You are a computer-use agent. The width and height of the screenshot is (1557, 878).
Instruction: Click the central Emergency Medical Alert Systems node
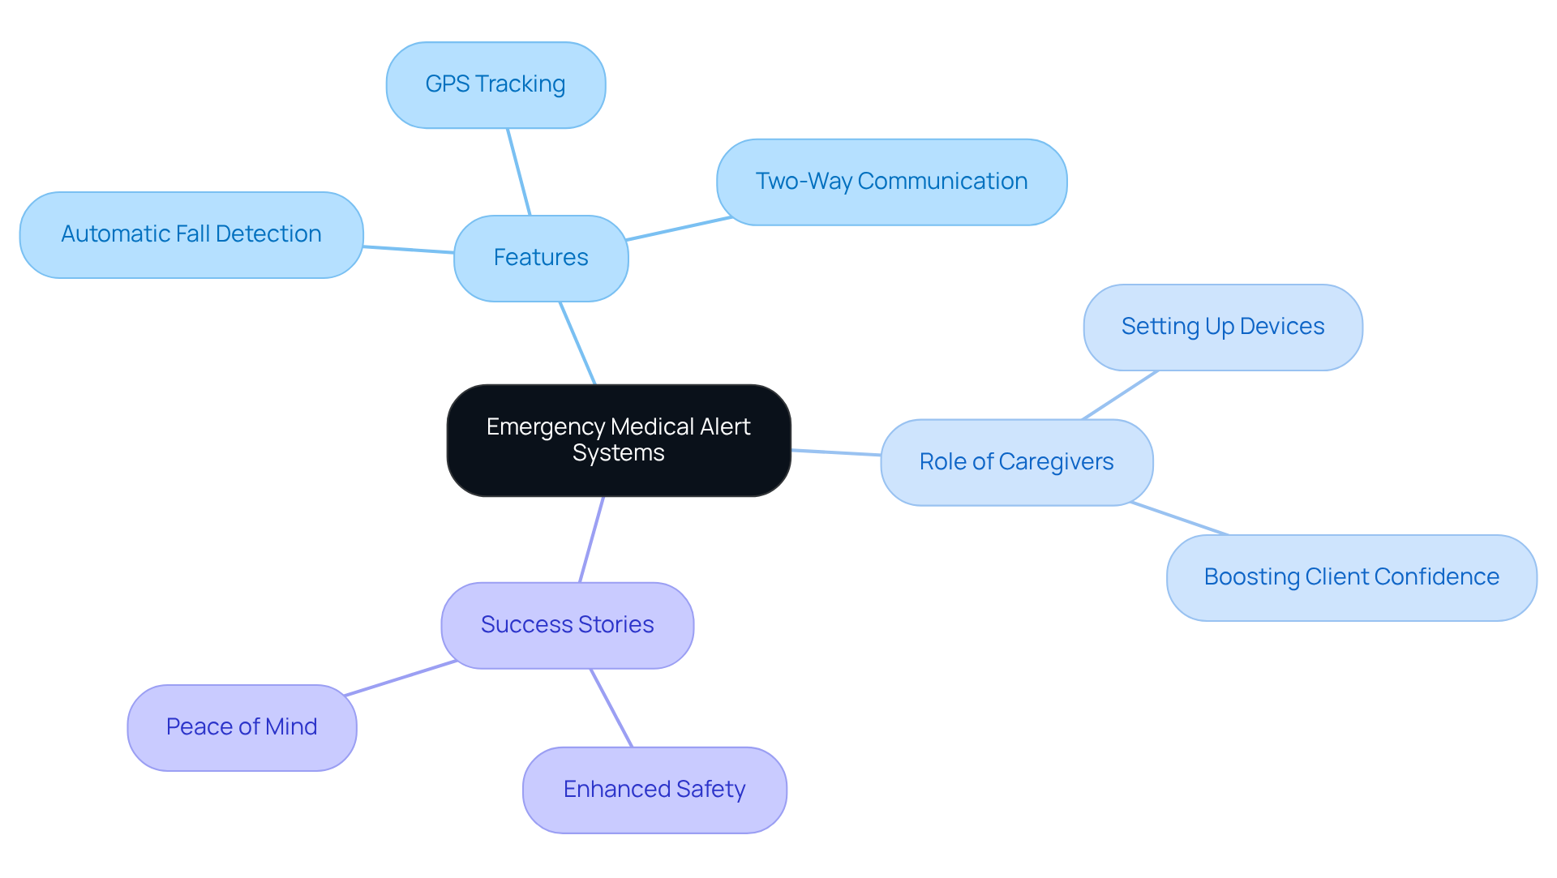(618, 440)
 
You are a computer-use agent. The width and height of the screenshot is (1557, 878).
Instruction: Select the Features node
(541, 258)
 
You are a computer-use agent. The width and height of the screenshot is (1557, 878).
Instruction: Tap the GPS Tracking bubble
(495, 84)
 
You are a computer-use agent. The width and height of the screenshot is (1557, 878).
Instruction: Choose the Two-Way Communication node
(891, 182)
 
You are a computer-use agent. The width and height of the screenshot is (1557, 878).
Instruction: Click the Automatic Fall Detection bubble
(191, 234)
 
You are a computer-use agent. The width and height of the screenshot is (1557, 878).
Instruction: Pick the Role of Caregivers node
(1016, 462)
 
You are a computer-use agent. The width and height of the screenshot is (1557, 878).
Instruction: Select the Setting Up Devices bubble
(1222, 327)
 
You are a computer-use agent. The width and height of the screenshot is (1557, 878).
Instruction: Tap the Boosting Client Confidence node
(1351, 577)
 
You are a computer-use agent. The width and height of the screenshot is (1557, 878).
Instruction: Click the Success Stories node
(567, 625)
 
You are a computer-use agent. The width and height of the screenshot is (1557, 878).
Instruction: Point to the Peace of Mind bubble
(242, 727)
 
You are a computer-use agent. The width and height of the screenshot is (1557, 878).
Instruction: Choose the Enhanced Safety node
(654, 790)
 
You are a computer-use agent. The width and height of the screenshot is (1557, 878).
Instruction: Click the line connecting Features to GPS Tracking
(519, 172)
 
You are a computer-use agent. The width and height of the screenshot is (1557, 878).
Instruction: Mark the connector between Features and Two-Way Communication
(680, 229)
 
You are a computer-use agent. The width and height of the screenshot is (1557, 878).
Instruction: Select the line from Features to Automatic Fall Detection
(409, 250)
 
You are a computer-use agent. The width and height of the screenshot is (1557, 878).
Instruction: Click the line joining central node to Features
(577, 343)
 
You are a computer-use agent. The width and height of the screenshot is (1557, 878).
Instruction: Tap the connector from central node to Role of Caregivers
(835, 452)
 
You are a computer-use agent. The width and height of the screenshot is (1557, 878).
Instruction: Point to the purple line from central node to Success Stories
(592, 539)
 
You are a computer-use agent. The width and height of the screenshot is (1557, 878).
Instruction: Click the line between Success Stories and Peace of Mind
(401, 678)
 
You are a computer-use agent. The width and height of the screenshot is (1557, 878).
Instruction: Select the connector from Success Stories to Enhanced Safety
(611, 708)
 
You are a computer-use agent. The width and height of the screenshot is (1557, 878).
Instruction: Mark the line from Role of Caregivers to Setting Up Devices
(1120, 395)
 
